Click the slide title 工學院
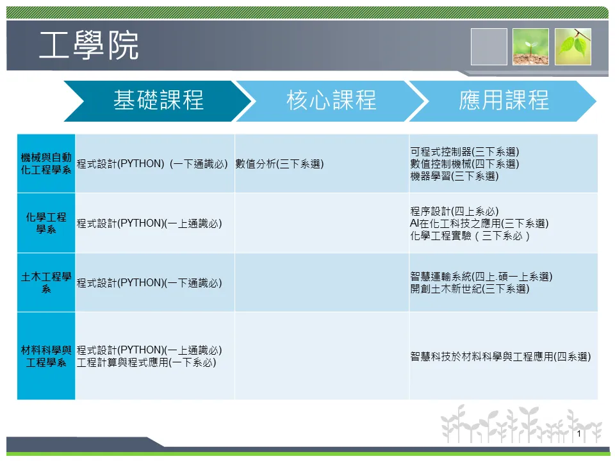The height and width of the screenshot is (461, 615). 88,45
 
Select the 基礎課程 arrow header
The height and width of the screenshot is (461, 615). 158,101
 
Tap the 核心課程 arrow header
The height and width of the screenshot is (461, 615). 332,101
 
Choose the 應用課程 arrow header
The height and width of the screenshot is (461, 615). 504,101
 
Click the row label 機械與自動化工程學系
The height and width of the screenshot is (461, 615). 46,163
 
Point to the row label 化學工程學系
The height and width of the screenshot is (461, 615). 46,223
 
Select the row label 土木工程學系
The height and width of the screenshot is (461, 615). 46,282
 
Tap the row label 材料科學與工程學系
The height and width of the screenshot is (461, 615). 46,356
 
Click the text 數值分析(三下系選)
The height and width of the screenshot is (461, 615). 280,164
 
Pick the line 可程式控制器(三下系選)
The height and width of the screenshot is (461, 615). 465,152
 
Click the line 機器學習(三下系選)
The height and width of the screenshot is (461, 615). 455,176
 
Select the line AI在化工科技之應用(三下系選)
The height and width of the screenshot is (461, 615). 479,223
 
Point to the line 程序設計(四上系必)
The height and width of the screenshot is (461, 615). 455,211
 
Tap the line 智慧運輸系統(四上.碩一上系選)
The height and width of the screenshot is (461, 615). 481,277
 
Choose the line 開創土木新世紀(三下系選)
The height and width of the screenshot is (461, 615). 470,289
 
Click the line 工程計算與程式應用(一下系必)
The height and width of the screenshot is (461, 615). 146,362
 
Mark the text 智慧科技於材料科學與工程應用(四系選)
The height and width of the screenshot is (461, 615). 500,357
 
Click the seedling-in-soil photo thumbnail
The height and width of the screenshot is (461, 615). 530,47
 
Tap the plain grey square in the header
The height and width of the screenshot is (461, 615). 489,47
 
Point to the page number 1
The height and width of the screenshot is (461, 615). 579,433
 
